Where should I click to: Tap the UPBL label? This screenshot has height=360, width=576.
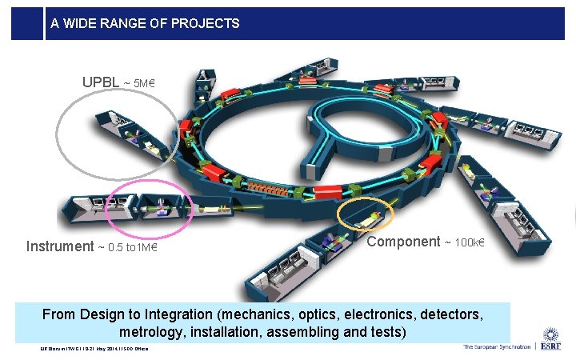pos(101,82)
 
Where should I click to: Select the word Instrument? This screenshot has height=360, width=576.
pos(59,246)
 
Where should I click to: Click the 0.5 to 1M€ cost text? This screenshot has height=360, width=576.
pos(126,247)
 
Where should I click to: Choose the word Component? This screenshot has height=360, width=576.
pos(403,242)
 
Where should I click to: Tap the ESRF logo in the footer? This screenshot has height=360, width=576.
pos(551,342)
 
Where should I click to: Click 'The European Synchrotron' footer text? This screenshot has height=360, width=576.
pos(496,347)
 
